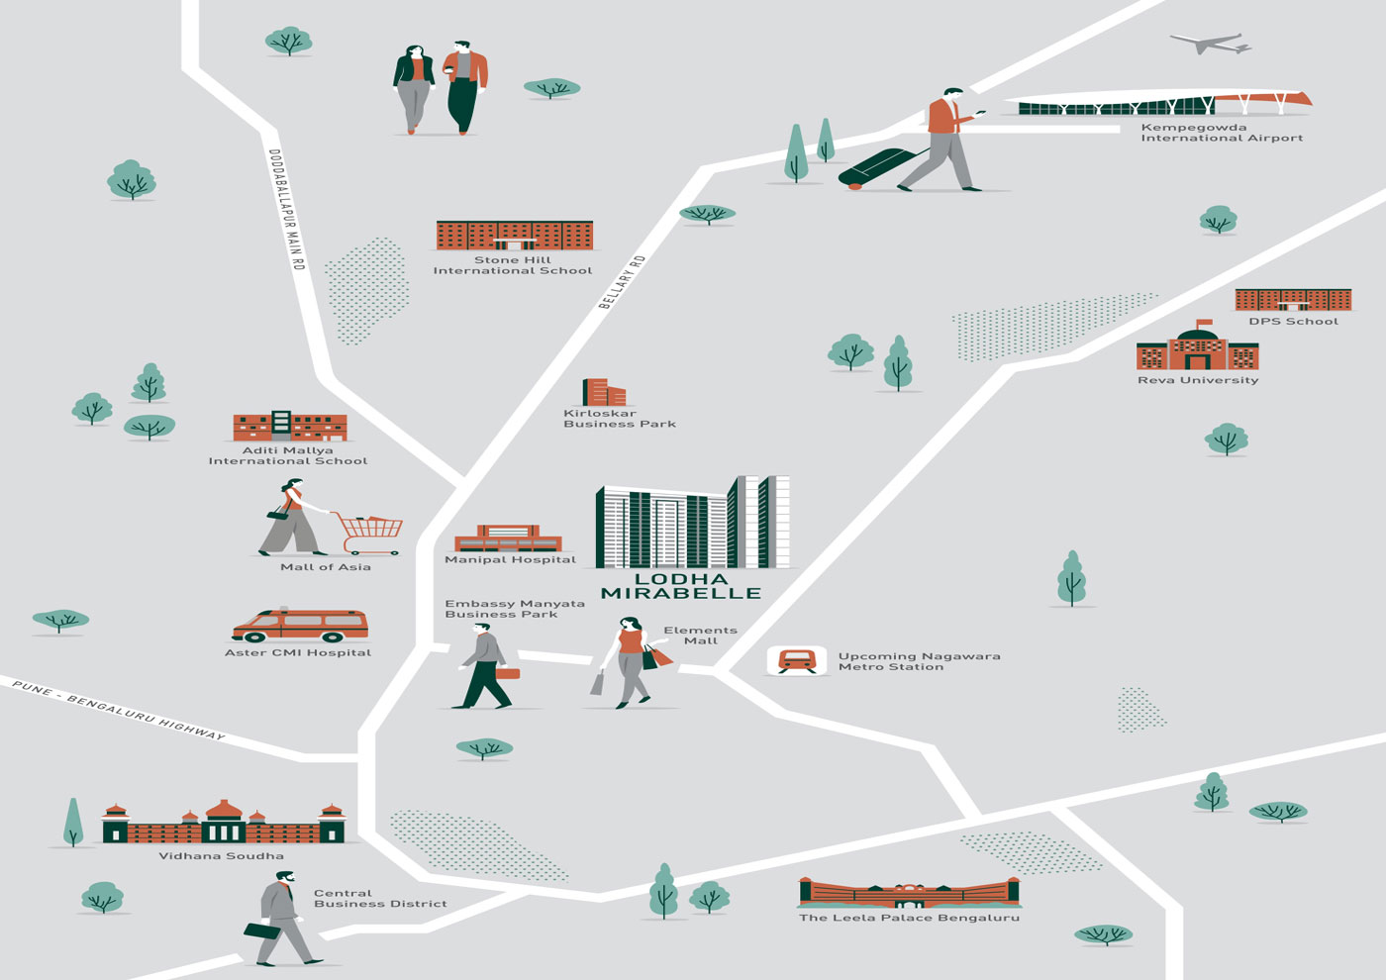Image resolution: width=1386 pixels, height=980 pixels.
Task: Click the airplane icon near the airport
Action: [1211, 44]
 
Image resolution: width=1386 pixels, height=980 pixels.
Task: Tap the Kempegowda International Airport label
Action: [1222, 133]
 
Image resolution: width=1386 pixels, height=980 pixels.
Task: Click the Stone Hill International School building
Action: [514, 236]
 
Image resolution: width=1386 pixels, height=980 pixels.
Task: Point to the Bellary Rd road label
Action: [622, 282]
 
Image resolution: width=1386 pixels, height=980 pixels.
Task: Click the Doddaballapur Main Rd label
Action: [286, 210]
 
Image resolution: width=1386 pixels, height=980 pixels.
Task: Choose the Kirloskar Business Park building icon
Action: [604, 393]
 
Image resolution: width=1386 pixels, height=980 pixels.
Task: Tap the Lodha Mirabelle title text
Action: [681, 586]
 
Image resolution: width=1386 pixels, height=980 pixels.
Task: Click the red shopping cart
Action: [370, 533]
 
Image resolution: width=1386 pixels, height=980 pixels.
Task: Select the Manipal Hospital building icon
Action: [508, 539]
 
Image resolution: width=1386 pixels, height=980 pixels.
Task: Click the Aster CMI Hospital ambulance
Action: [300, 626]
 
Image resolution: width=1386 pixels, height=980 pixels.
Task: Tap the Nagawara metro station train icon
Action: [797, 660]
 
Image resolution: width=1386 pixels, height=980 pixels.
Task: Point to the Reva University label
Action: [1198, 380]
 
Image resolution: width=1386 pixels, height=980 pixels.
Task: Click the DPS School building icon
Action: [1293, 299]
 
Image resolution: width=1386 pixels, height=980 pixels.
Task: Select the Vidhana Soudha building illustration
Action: [224, 822]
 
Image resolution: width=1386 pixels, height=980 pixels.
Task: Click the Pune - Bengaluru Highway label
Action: [119, 709]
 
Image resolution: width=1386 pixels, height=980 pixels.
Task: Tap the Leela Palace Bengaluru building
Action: [909, 893]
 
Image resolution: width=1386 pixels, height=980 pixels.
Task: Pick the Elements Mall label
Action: [700, 636]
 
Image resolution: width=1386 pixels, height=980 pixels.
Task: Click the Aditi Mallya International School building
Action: [289, 426]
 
